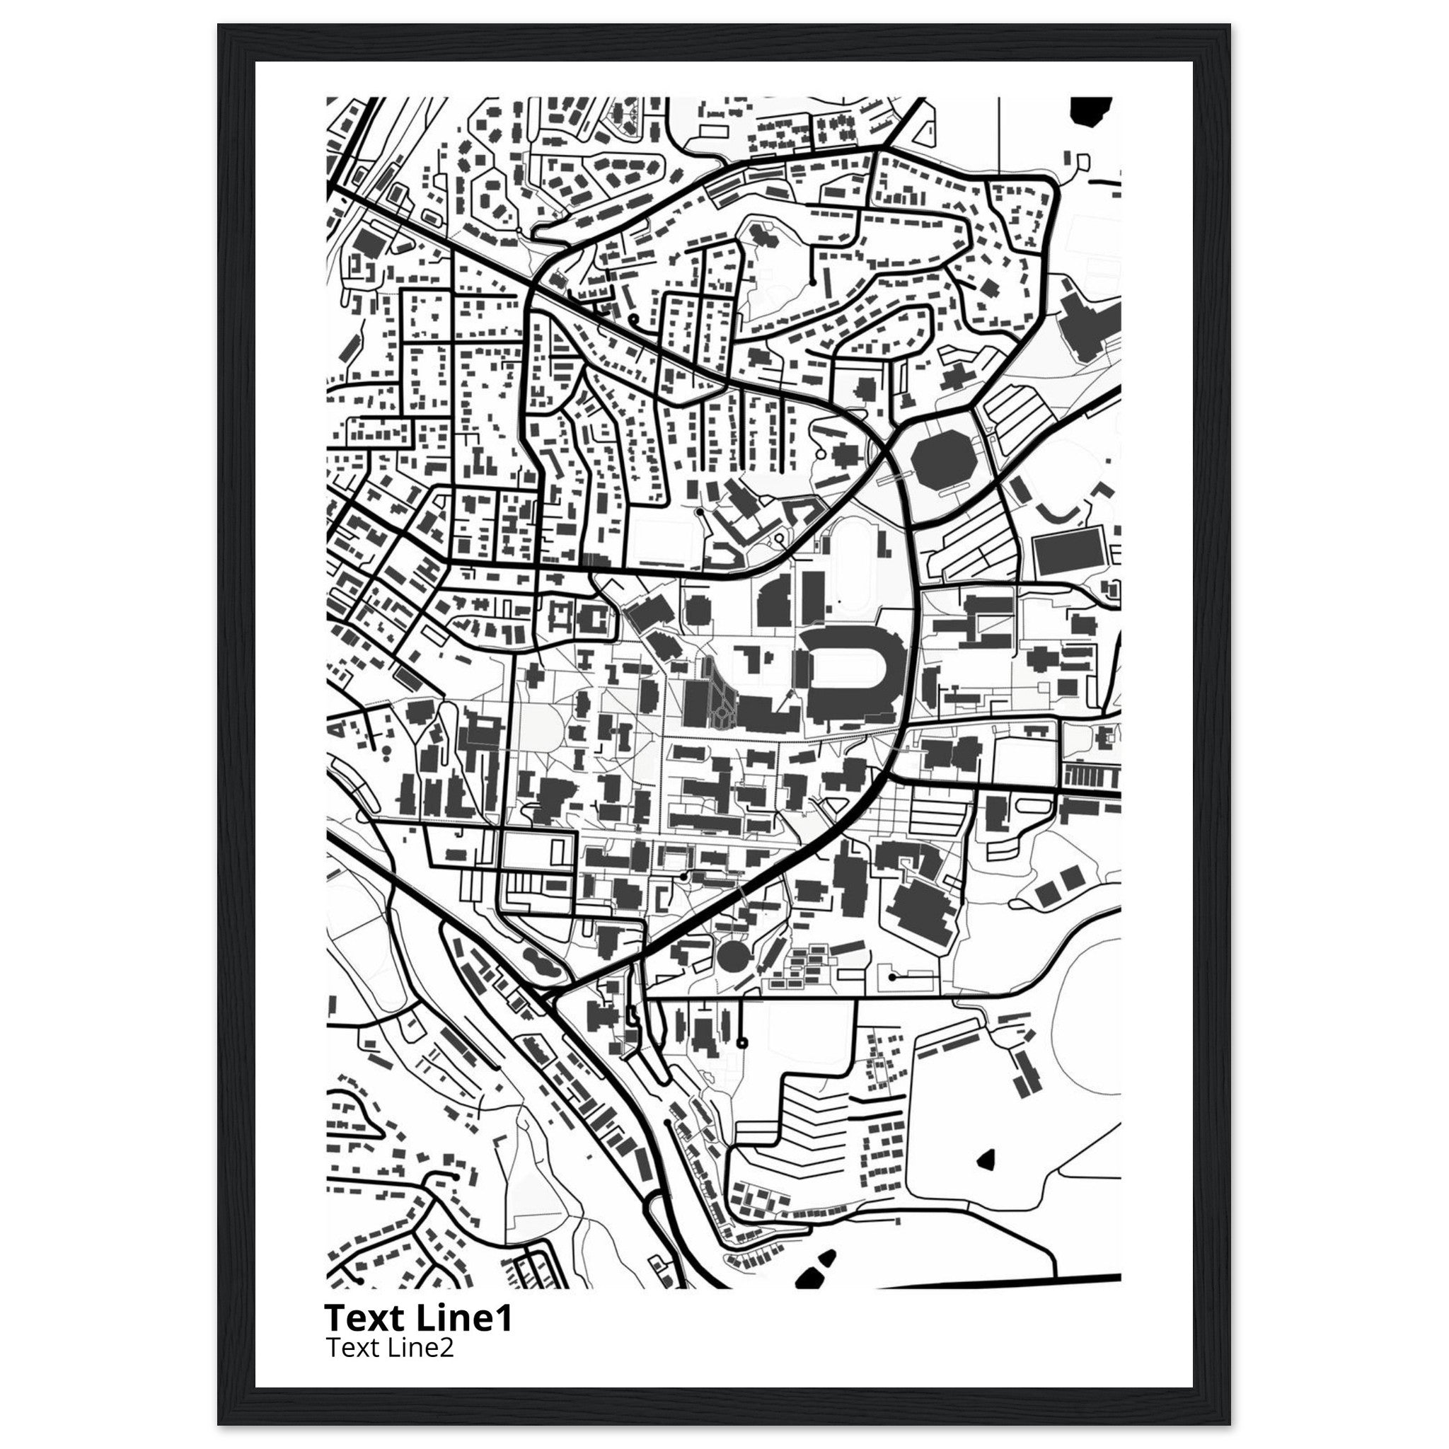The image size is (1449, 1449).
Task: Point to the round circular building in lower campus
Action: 732,958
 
